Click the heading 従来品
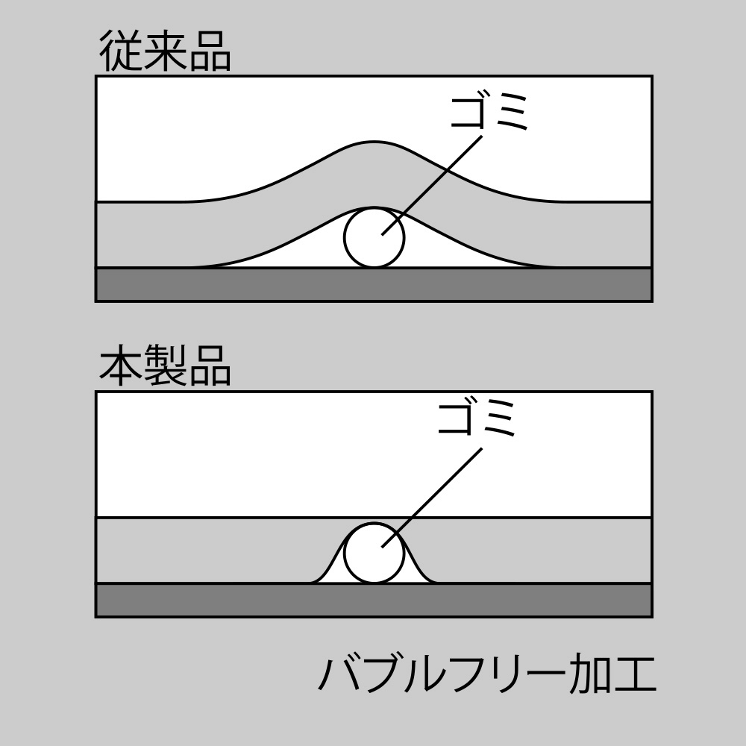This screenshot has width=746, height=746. [165, 52]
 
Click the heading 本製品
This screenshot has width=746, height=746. [165, 366]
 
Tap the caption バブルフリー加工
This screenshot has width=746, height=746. [487, 674]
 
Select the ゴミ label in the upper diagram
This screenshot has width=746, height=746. [489, 113]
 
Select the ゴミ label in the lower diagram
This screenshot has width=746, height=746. [477, 418]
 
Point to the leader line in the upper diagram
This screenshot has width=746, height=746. [432, 185]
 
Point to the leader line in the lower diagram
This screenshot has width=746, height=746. [432, 497]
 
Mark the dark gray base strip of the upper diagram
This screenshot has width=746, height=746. [374, 284]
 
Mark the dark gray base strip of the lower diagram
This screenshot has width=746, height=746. [374, 600]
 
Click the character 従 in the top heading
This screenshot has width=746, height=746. [121, 52]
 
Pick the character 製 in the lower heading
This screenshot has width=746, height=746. [165, 366]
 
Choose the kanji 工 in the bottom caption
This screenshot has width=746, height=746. [635, 674]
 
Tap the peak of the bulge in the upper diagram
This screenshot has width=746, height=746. [374, 141]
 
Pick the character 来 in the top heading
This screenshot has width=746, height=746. [165, 52]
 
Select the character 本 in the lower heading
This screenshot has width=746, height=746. [121, 366]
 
